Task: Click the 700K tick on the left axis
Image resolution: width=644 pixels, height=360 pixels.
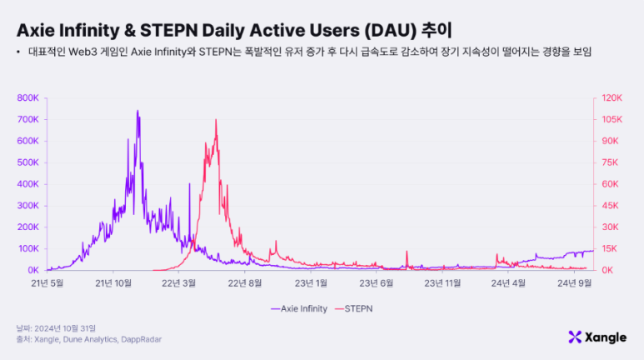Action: point(27,119)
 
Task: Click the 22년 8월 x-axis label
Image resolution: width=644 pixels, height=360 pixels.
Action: point(246,283)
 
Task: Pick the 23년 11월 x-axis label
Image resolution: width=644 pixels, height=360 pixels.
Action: point(442,283)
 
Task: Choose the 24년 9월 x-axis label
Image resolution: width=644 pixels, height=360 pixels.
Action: point(574,283)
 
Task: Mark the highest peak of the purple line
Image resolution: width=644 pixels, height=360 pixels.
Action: point(137,111)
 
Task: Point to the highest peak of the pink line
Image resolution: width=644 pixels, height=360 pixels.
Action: point(216,120)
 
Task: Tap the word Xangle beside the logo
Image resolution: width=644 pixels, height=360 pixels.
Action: point(607,337)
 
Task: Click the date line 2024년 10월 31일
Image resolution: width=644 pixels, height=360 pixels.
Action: point(54,328)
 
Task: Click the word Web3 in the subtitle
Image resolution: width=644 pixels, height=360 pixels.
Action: point(88,52)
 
